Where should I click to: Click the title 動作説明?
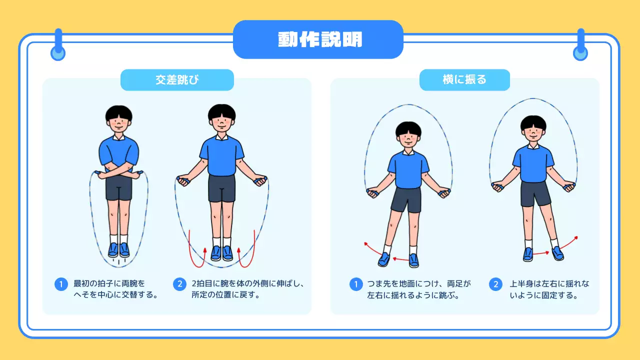319,39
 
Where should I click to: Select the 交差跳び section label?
177,79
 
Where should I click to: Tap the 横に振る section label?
464,79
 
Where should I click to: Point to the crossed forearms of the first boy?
119,171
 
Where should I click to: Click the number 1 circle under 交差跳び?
61,284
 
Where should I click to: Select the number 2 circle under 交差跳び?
179,284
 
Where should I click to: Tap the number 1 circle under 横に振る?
356,284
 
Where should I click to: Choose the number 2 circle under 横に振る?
495,284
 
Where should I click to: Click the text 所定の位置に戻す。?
225,295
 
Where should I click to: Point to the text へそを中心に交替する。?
115,295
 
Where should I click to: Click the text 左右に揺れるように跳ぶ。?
413,295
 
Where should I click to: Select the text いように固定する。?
543,295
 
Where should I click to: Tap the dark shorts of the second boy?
221,188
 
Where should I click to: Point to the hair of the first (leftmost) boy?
119,113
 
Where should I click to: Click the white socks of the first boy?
119,239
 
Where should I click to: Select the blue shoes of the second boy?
221,253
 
